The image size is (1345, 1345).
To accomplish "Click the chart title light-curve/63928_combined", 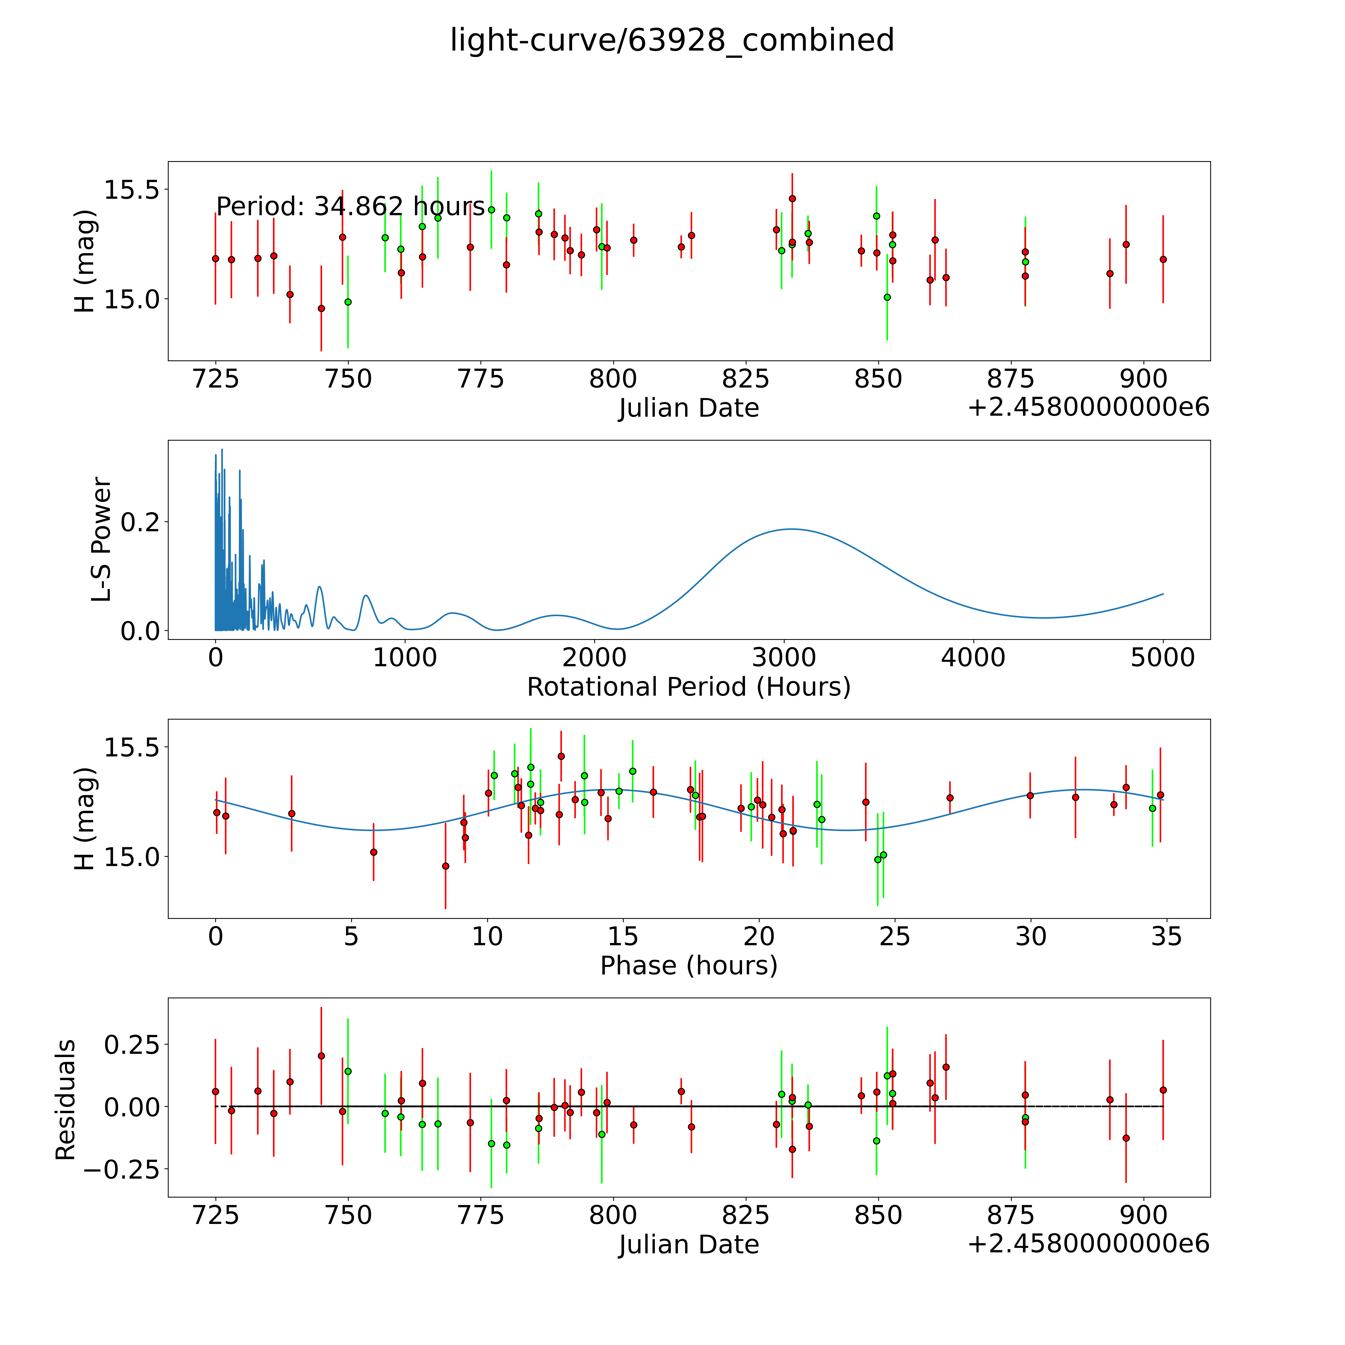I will pyautogui.click(x=672, y=40).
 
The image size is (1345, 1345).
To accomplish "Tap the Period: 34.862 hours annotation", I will pyautogui.click(x=350, y=207).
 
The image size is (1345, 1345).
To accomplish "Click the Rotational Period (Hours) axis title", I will pyautogui.click(x=688, y=687).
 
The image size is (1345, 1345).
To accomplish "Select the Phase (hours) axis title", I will pyautogui.click(x=688, y=966).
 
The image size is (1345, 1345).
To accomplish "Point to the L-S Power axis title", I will pyautogui.click(x=102, y=539).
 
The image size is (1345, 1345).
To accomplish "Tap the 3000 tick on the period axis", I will pyautogui.click(x=784, y=658).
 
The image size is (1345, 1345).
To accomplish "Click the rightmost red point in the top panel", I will pyautogui.click(x=1163, y=259).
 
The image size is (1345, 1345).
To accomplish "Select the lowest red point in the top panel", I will pyautogui.click(x=321, y=308).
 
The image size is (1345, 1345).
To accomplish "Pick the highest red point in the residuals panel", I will pyautogui.click(x=321, y=1055).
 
